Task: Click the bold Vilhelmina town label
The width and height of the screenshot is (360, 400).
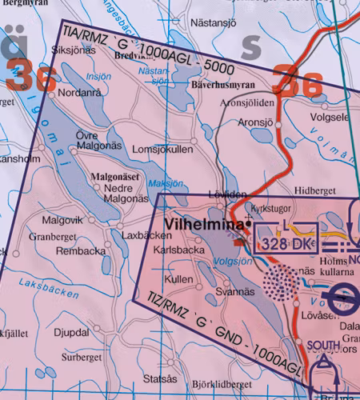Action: tap(202, 225)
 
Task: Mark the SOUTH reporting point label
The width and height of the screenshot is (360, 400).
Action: tap(322, 346)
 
